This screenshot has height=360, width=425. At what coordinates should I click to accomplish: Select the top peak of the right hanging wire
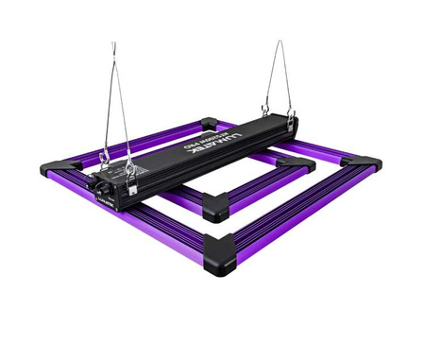(280, 43)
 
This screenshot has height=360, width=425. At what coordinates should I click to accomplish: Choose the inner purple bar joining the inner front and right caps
(257, 187)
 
